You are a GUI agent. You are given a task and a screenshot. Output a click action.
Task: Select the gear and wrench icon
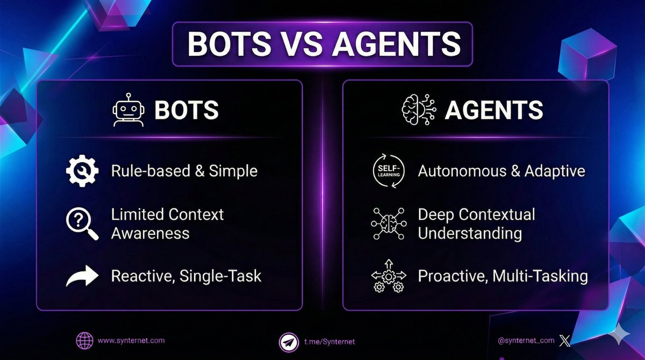click(82, 171)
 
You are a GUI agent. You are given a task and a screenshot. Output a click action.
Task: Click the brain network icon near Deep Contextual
click(386, 223)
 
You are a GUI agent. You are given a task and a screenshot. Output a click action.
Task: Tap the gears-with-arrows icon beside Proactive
click(386, 276)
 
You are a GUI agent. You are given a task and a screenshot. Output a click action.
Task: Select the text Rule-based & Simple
click(184, 171)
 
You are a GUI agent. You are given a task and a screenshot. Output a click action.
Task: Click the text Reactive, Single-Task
click(186, 276)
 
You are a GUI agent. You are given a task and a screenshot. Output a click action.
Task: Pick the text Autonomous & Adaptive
click(501, 171)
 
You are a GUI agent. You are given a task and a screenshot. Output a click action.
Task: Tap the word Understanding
click(470, 233)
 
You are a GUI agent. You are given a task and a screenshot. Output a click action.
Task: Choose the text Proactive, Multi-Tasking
click(503, 276)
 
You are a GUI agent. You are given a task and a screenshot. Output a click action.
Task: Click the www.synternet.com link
click(131, 340)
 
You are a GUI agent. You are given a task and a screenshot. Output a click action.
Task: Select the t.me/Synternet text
click(329, 342)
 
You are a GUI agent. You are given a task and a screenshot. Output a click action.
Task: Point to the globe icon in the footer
click(84, 341)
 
